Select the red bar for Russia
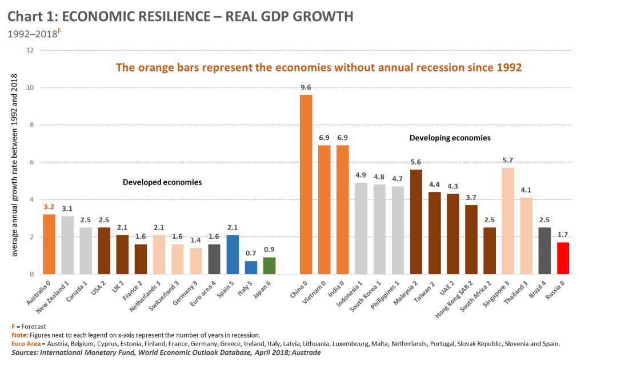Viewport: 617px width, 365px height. click(x=563, y=258)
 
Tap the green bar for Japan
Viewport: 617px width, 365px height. click(x=270, y=266)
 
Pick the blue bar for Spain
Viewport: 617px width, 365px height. click(x=233, y=255)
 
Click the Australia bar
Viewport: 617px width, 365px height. click(x=49, y=244)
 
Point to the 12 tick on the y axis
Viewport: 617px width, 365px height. click(x=30, y=50)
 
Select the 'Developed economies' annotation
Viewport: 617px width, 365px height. click(x=162, y=182)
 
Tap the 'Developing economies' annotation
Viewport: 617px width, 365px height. click(x=450, y=138)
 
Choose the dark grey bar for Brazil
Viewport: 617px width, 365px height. click(x=544, y=251)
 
